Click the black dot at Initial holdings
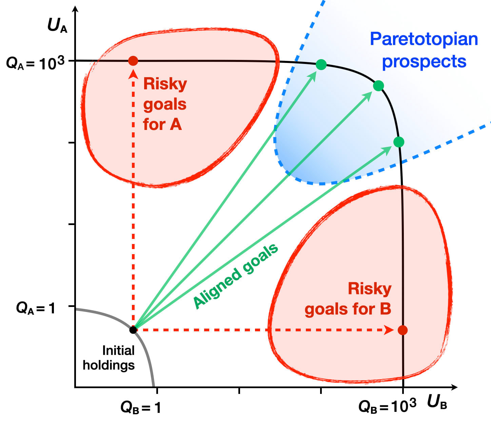click(133, 329)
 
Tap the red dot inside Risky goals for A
click(133, 61)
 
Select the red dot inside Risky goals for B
click(402, 330)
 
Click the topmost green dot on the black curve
click(321, 64)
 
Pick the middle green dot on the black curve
click(378, 86)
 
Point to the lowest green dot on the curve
click(399, 142)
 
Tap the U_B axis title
click(437, 402)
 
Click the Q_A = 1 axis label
click(36, 308)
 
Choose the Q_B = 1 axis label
click(141, 408)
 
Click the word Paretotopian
click(424, 39)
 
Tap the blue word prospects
click(424, 62)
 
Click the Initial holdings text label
click(109, 358)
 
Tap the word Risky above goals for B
click(370, 289)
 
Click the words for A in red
click(162, 124)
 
